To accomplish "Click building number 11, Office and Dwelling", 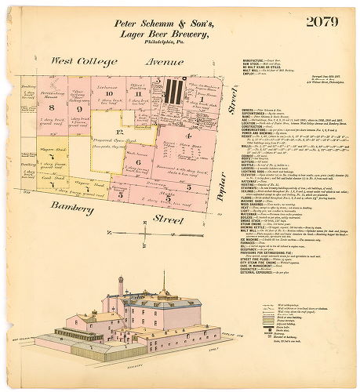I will click(138, 94).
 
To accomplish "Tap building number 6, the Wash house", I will click(138, 162).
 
